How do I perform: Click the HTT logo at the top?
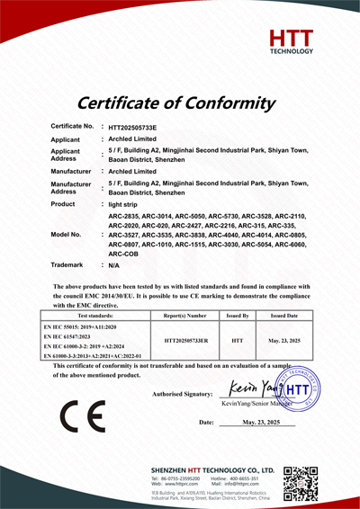coord(293,41)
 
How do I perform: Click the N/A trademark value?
coord(113,266)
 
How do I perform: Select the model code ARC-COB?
coord(122,254)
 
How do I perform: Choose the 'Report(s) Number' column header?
coord(184,316)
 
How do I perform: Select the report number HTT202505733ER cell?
coord(184,341)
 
